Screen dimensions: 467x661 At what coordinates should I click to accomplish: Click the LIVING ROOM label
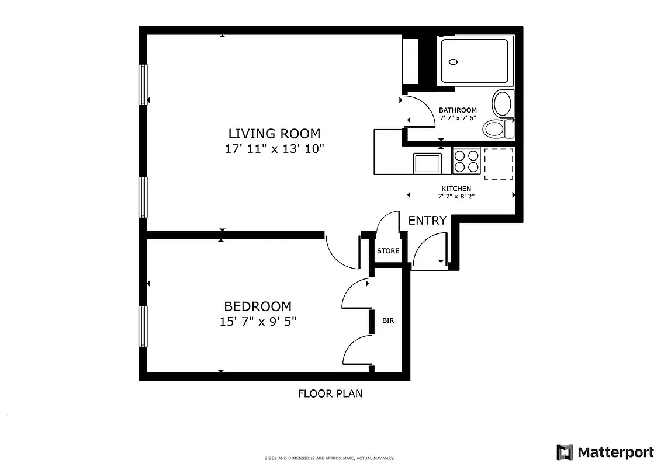tap(274, 134)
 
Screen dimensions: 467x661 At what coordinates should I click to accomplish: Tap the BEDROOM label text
tap(258, 306)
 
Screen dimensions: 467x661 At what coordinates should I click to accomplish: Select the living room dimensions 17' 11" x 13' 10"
tap(274, 149)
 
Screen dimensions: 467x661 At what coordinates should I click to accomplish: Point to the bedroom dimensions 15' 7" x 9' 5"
tap(258, 322)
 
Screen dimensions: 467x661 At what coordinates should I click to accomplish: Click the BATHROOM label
tap(458, 110)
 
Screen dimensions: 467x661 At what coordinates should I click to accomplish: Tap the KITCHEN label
tap(456, 189)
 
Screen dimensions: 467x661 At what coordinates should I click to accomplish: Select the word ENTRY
tap(427, 221)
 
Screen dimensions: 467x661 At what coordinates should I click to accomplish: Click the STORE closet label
tap(388, 251)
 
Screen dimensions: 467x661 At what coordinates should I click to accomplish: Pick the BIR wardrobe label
tap(387, 320)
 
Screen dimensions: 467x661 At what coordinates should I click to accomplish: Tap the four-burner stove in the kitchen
tap(466, 161)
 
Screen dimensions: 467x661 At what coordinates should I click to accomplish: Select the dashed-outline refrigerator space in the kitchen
tap(498, 163)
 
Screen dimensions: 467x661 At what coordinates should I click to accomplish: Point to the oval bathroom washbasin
tap(502, 104)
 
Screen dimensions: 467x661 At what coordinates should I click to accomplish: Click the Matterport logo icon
tap(565, 452)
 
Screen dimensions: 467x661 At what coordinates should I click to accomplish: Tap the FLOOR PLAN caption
tap(330, 393)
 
